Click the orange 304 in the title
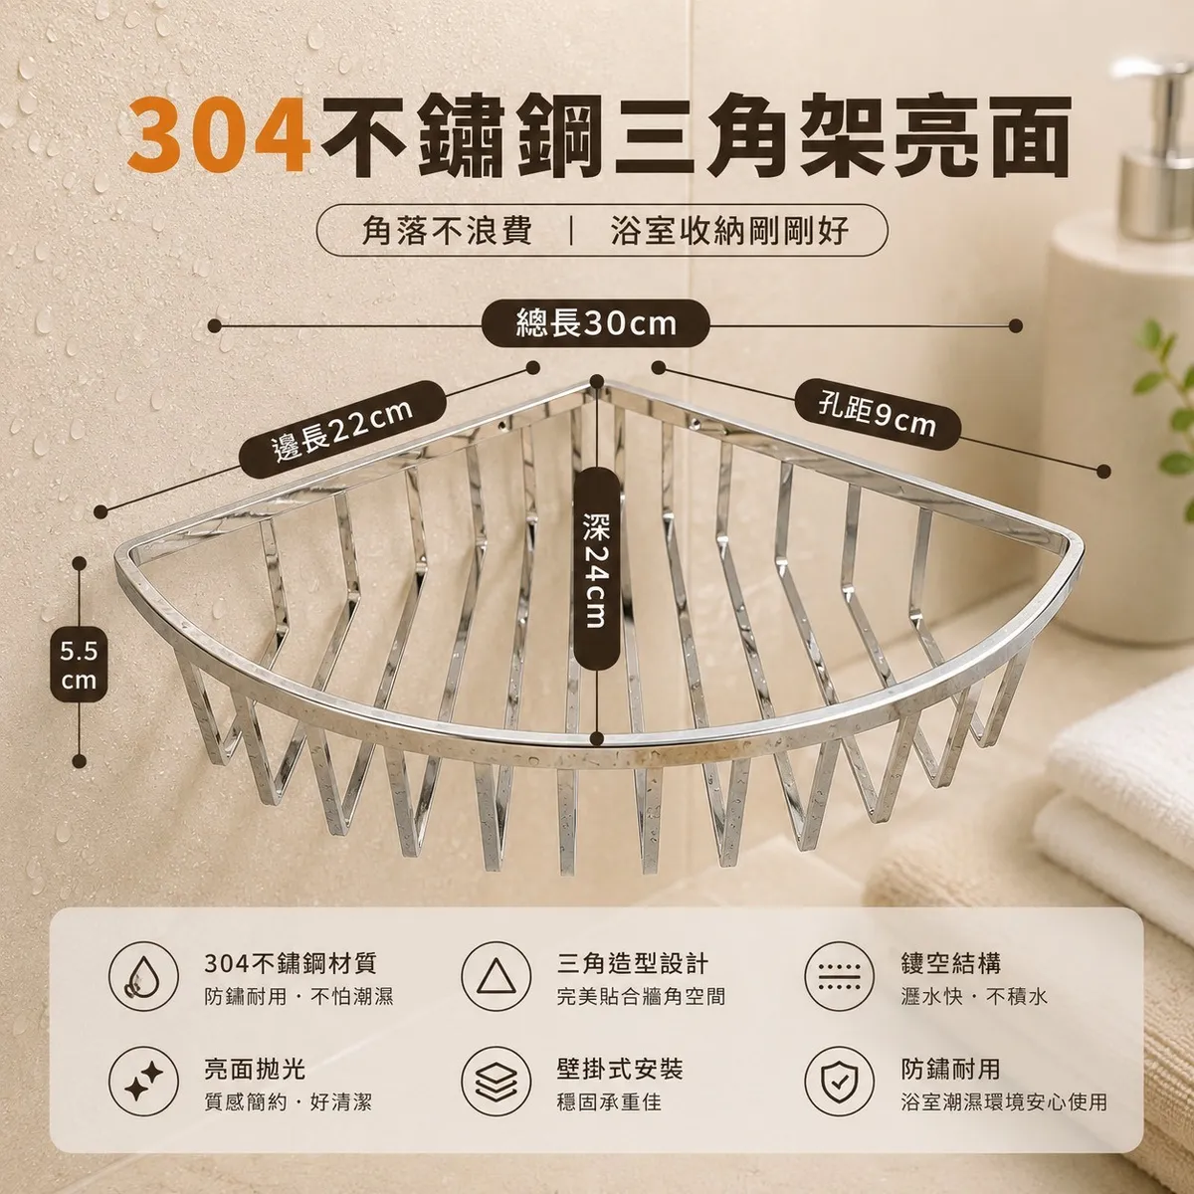[218, 135]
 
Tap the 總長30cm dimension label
[595, 324]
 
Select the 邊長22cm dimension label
[342, 430]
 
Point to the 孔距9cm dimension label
[878, 415]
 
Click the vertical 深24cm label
[596, 569]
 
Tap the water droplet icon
[143, 977]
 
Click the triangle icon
[496, 977]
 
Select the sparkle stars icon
[143, 1082]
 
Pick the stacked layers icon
[496, 1082]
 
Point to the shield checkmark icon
[840, 1082]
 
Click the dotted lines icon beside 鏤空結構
[840, 977]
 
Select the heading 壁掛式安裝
[620, 1069]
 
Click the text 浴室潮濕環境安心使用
[1004, 1102]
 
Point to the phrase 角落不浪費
[447, 231]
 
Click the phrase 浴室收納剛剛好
[729, 231]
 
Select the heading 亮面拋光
[255, 1069]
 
